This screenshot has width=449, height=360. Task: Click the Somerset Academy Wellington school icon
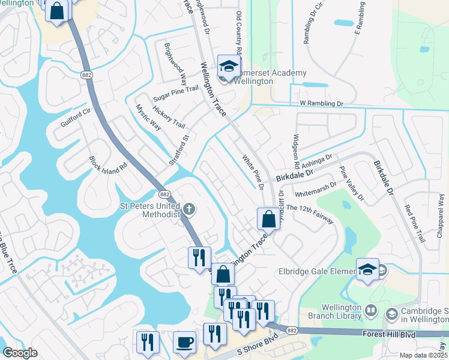[x=229, y=67]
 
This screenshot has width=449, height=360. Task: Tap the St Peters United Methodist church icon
[x=189, y=209]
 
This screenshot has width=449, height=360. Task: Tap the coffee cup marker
[x=184, y=342]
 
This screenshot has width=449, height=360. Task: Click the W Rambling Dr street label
[x=322, y=104]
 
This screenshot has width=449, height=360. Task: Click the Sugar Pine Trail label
[x=176, y=92]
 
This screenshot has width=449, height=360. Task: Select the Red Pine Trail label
[x=414, y=223]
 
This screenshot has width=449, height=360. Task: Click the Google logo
[x=20, y=353]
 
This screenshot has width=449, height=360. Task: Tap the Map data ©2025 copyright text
[x=424, y=355]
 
